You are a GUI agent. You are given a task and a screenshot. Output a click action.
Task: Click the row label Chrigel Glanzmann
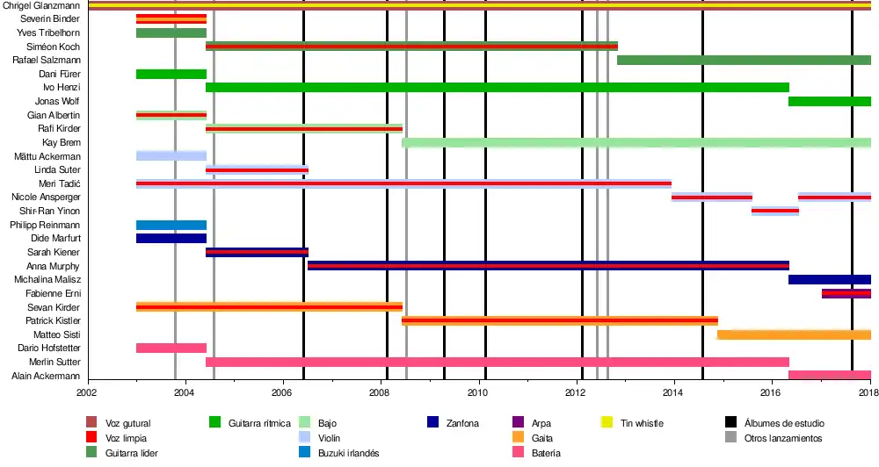coord(42,5)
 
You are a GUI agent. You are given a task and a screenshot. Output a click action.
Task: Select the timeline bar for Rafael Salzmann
coord(744,60)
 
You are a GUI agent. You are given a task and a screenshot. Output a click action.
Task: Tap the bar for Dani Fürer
coord(171,74)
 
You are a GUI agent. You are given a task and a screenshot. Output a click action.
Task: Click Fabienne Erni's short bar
coord(846,293)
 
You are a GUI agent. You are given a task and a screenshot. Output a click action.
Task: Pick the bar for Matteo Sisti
coord(794,334)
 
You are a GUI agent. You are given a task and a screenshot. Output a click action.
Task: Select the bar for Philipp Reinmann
coord(171,225)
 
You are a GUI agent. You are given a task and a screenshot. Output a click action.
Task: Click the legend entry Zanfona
coord(462,423)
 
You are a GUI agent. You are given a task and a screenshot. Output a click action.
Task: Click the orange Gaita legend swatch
coord(517,438)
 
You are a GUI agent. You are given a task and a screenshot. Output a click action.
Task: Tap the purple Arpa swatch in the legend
coord(517,423)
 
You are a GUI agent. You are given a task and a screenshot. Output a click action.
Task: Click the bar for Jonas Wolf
coord(829,101)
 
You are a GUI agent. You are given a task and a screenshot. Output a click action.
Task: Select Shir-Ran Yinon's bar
coord(774,211)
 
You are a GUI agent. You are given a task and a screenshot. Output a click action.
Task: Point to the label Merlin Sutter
coord(54,362)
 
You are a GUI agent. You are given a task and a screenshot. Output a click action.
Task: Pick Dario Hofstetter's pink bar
coord(171,348)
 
